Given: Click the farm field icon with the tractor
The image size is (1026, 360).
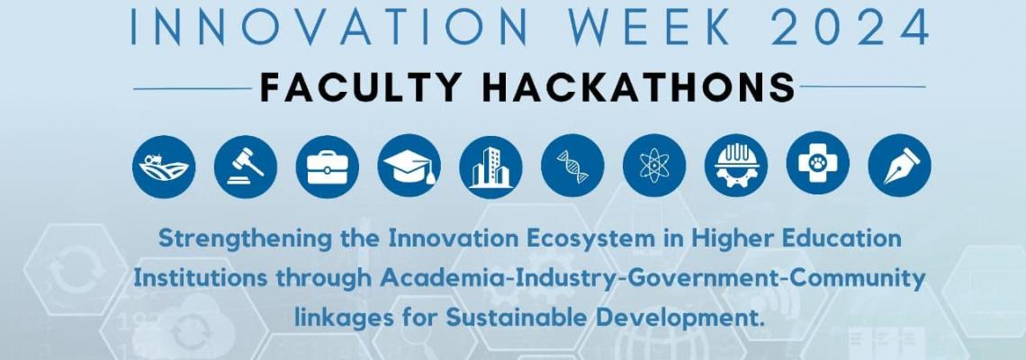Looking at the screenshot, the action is (164, 166).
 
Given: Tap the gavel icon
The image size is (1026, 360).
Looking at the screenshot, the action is (246, 166).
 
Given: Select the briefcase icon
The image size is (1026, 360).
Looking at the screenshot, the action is (328, 166).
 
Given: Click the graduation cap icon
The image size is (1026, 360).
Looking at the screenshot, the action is (409, 166).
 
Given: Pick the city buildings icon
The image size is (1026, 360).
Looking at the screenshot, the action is (490, 166).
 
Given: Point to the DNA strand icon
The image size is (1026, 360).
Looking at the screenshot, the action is (572, 166).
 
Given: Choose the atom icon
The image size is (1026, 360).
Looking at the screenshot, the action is (654, 166).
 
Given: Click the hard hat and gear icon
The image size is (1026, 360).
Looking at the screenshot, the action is (736, 166).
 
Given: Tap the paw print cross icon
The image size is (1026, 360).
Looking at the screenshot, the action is (818, 166).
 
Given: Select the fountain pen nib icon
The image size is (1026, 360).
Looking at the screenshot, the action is (900, 166).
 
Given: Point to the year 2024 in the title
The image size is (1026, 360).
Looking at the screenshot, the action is (850, 27).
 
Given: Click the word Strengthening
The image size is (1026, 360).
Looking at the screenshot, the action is (246, 238).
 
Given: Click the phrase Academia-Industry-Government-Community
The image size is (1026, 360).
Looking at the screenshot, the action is (653, 278).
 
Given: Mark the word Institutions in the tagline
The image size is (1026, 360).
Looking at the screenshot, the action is (201, 278).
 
